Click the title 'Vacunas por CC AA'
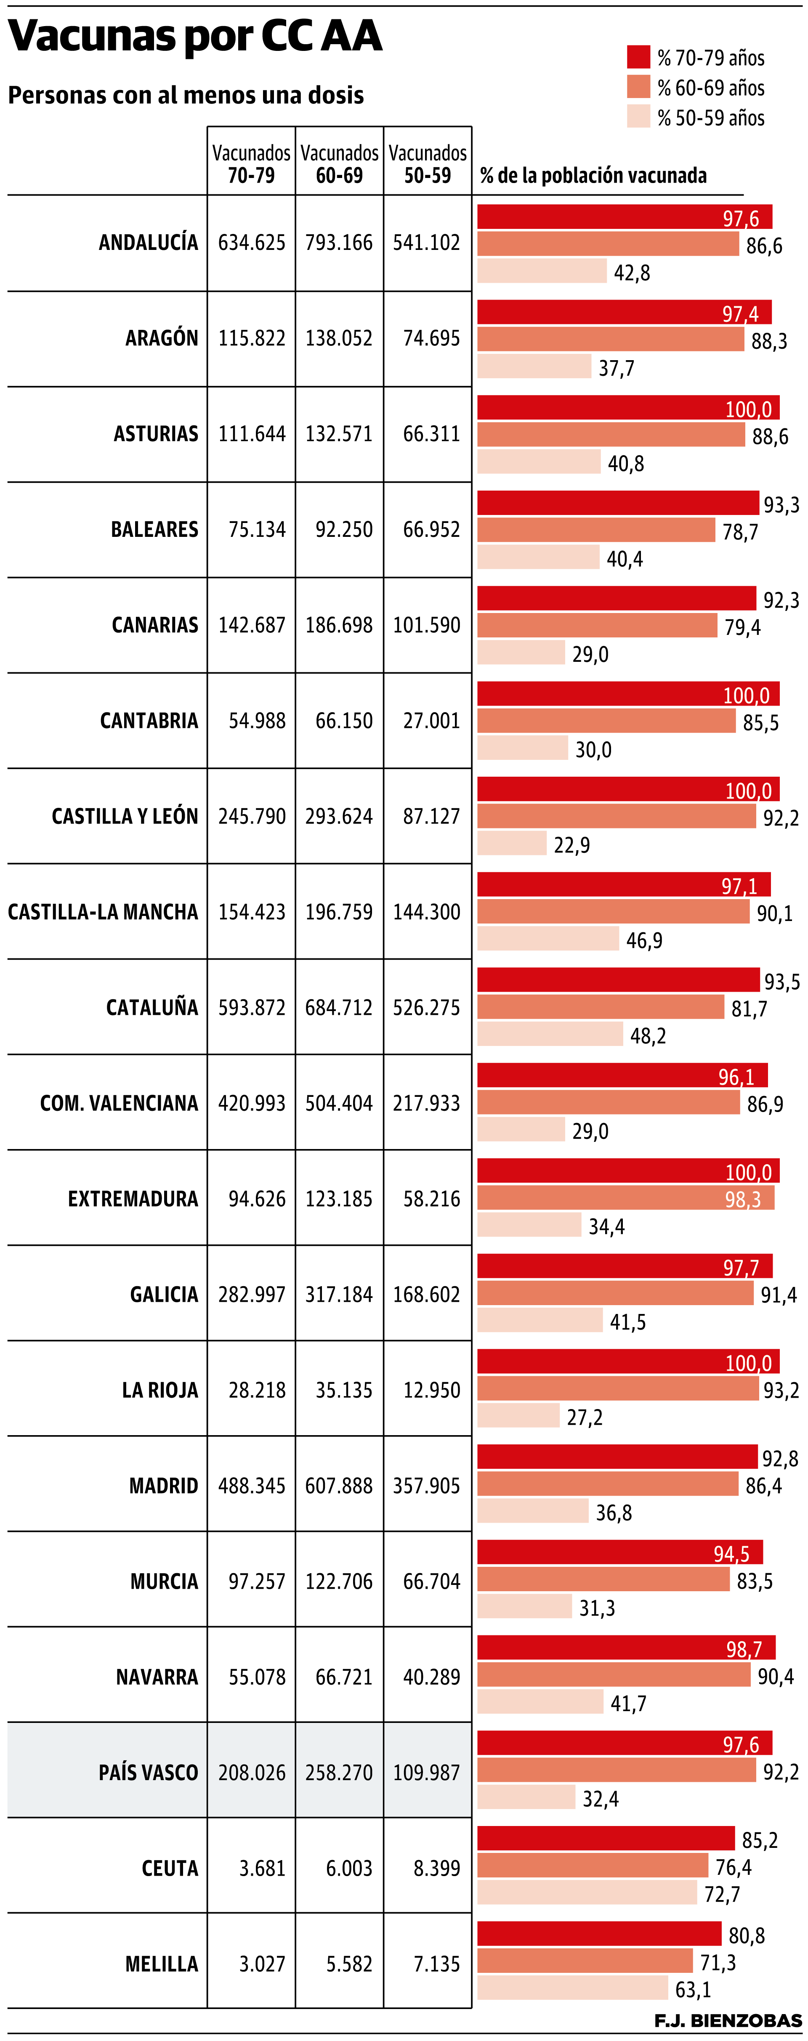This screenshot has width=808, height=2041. pyautogui.click(x=195, y=37)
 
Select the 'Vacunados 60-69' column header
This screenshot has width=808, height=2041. pyautogui.click(x=339, y=164)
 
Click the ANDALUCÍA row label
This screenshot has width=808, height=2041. pyautogui.click(x=148, y=242)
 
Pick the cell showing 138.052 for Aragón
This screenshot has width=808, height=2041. pyautogui.click(x=339, y=338)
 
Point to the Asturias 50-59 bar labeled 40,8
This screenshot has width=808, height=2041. pyautogui.click(x=539, y=462)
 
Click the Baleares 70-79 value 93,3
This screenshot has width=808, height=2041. pyautogui.click(x=781, y=505)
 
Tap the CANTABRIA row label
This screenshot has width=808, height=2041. pyautogui.click(x=149, y=720)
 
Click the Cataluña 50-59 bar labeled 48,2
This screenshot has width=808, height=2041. pyautogui.click(x=550, y=1034)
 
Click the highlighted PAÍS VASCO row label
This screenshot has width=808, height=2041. pyautogui.click(x=148, y=1773)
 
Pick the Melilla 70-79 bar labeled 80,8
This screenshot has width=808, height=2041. pyautogui.click(x=599, y=1934)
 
